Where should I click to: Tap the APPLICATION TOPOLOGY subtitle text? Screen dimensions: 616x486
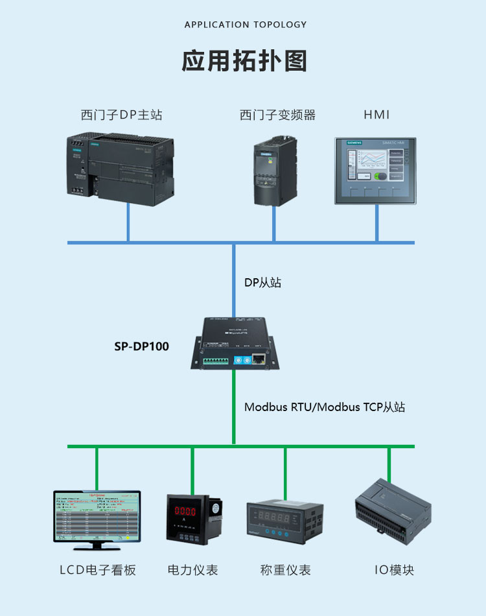tap(246, 25)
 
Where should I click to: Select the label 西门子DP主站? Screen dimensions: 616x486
tap(121, 115)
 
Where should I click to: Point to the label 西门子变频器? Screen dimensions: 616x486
tap(277, 115)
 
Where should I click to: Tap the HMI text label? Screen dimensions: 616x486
tap(376, 115)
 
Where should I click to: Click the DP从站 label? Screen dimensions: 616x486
tap(262, 283)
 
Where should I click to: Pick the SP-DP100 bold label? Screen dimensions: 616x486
tap(141, 346)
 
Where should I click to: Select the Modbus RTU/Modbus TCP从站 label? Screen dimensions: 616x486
tap(324, 407)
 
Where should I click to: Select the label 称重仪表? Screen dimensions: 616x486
tap(285, 570)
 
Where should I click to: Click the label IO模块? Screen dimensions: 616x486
tap(394, 570)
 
